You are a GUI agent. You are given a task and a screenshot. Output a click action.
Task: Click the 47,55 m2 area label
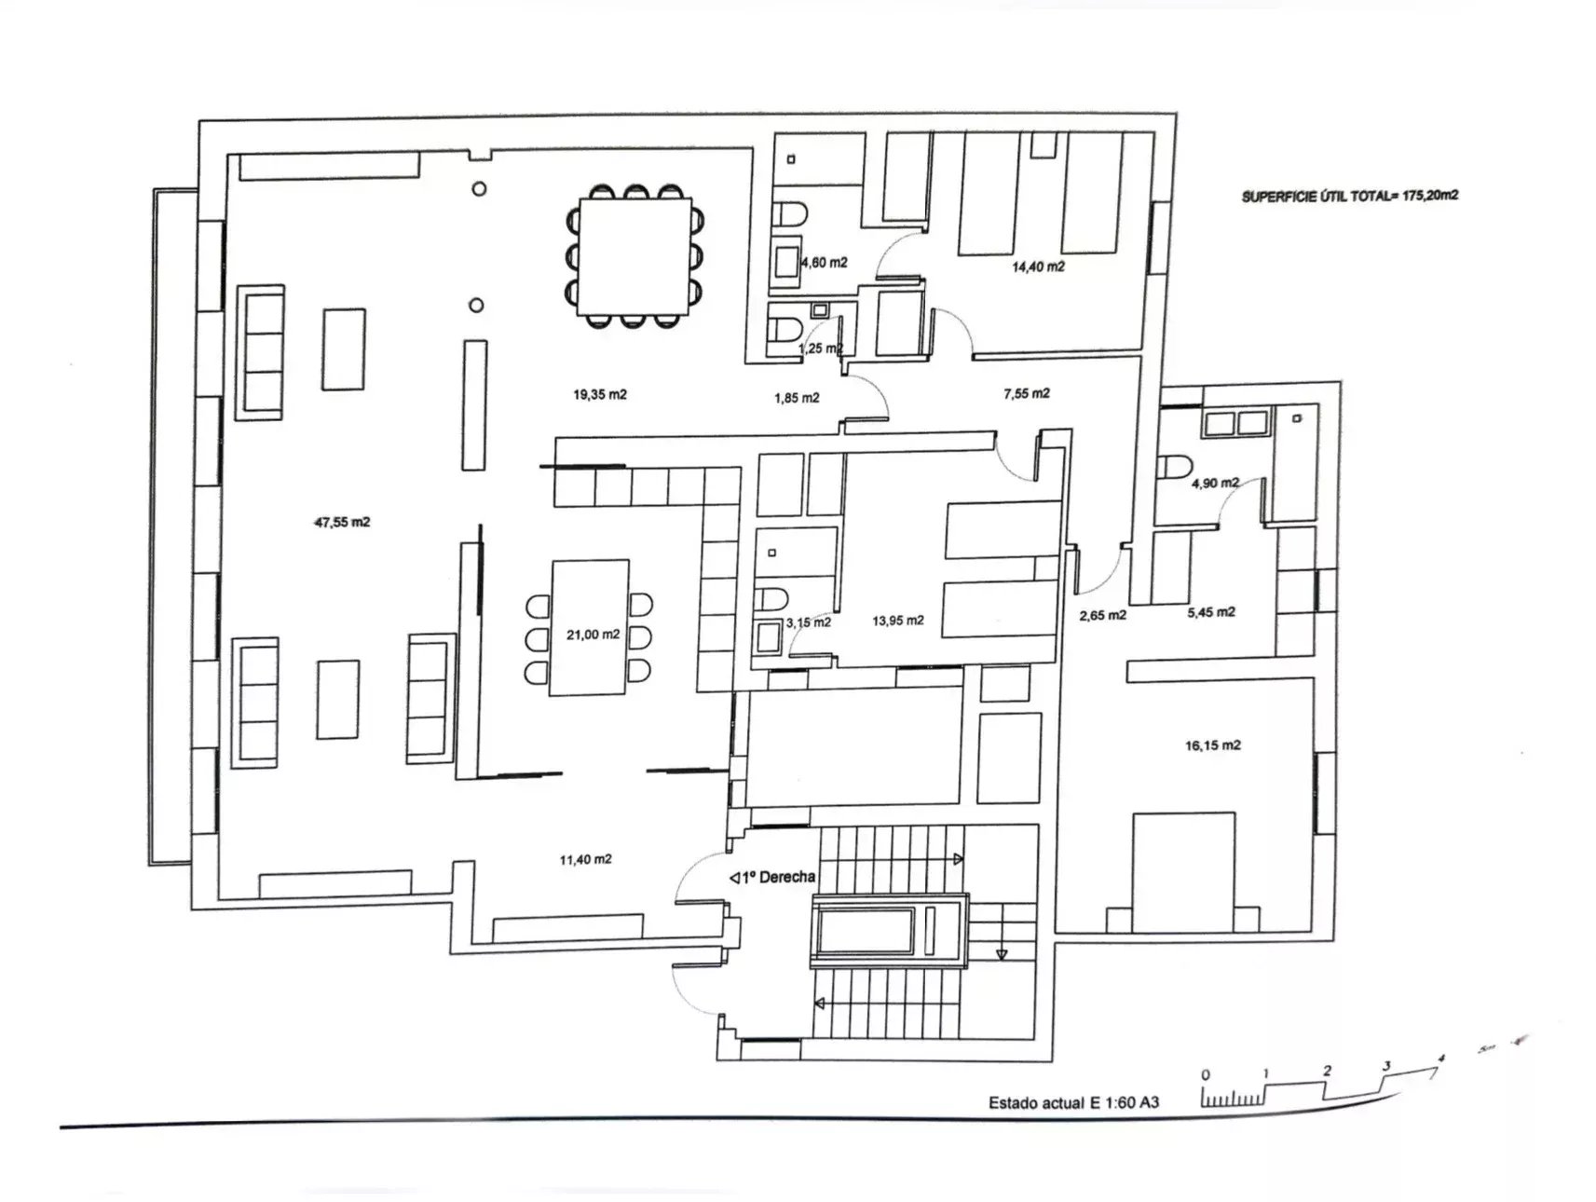pyautogui.click(x=342, y=523)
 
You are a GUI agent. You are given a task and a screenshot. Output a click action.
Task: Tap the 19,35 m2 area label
pyautogui.click(x=600, y=395)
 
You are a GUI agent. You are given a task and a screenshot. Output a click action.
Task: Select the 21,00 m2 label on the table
pyautogui.click(x=593, y=635)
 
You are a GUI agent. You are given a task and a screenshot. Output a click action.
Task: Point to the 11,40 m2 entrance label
pyautogui.click(x=585, y=860)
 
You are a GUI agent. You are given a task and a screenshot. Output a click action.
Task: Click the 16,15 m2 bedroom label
pyautogui.click(x=1212, y=745)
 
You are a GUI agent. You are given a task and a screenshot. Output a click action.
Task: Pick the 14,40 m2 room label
pyautogui.click(x=1038, y=266)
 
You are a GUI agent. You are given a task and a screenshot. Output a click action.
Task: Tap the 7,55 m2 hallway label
pyautogui.click(x=1026, y=394)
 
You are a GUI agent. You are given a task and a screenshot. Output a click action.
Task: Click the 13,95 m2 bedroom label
pyautogui.click(x=898, y=621)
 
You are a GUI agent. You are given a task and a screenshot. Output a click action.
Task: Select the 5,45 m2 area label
pyautogui.click(x=1211, y=612)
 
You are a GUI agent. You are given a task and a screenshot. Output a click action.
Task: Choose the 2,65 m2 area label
pyautogui.click(x=1103, y=616)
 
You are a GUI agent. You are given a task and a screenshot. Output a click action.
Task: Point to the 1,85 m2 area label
pyautogui.click(x=797, y=399)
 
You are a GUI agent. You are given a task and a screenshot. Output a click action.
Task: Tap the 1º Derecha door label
pyautogui.click(x=772, y=878)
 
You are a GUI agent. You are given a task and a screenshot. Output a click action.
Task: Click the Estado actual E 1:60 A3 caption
pyautogui.click(x=1073, y=1103)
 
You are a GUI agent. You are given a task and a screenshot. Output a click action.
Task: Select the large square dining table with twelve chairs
pyautogui.click(x=634, y=257)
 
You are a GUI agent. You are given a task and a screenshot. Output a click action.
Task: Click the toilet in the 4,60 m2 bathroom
pyautogui.click(x=791, y=215)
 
